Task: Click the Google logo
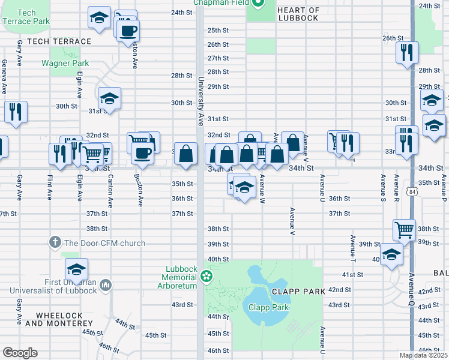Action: pos(19,353)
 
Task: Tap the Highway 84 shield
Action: pos(412,191)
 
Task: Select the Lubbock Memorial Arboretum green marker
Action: pos(207,276)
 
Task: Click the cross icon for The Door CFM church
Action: pos(55,242)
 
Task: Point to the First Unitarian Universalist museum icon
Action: pos(106,284)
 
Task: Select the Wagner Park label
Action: pos(65,63)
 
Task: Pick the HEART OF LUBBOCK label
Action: pos(298,14)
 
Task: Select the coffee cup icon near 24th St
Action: pos(128,31)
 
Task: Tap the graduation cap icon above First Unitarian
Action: pos(76,269)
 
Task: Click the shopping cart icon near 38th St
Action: pos(404,229)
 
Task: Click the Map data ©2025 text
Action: pos(423,355)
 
